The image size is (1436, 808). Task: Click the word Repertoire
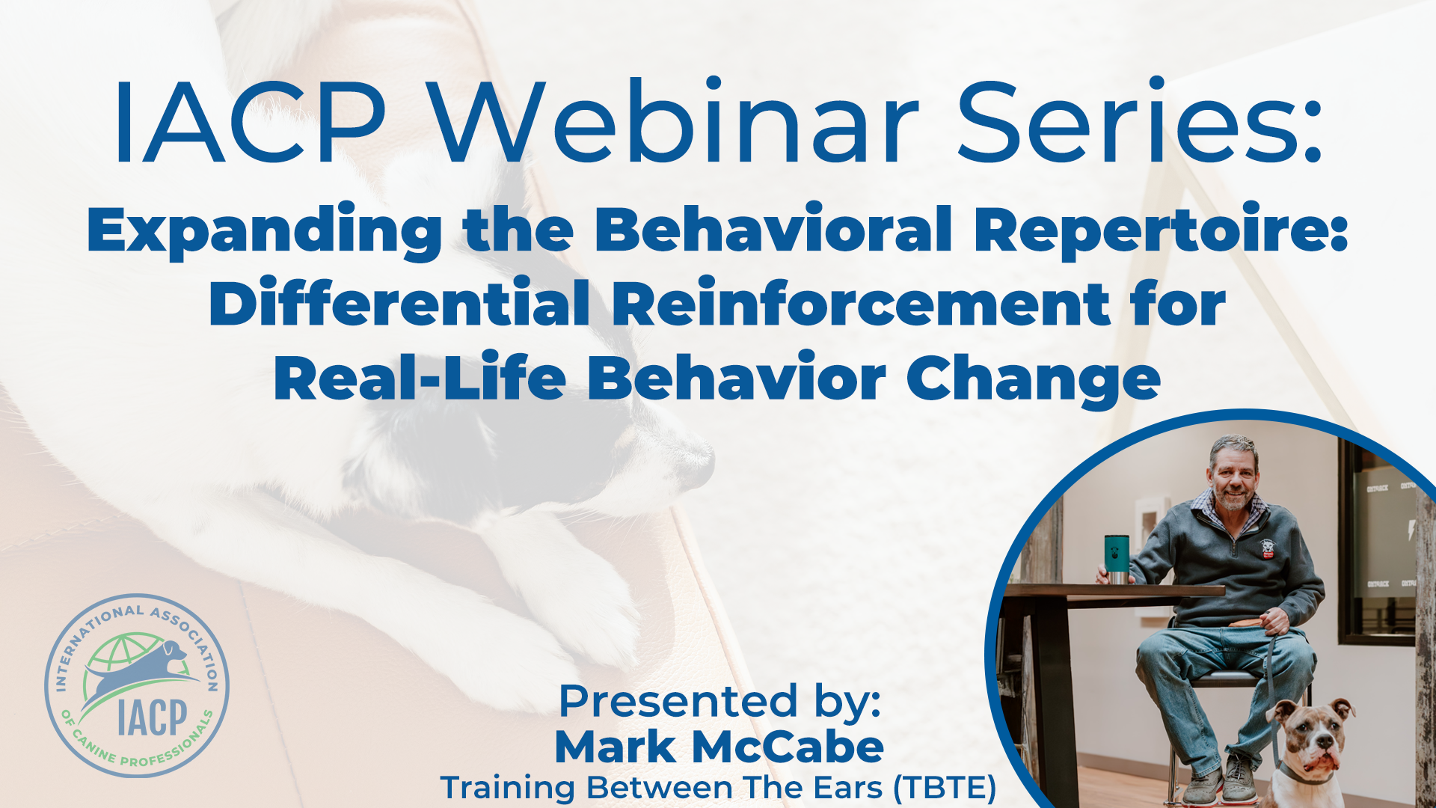point(1159,230)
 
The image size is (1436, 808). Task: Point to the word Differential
point(399,304)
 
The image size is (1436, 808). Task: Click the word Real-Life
point(419,379)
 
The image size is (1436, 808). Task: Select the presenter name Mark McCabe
point(719,747)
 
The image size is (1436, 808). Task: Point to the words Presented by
point(719,702)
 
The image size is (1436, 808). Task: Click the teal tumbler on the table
point(1116,558)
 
